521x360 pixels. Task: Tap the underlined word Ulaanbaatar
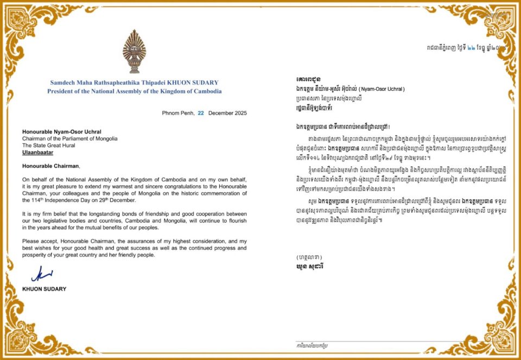point(40,154)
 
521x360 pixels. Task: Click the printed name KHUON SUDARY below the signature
point(45,289)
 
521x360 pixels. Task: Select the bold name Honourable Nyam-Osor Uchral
point(62,131)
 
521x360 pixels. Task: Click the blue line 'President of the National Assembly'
point(135,91)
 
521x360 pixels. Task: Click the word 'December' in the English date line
point(220,113)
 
